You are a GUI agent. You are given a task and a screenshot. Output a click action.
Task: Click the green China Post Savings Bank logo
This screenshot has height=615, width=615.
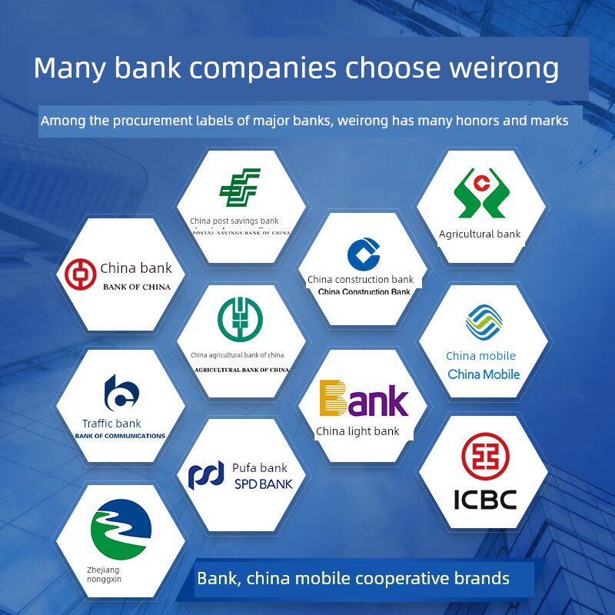(240, 188)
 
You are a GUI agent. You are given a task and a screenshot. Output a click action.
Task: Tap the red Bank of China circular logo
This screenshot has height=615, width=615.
(81, 274)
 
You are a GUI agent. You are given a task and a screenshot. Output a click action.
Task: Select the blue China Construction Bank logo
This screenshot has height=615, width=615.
(364, 254)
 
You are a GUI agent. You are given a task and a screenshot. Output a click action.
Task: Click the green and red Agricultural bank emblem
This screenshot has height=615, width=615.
(480, 193)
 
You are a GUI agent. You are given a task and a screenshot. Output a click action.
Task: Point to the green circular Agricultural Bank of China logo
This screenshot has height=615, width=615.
(240, 318)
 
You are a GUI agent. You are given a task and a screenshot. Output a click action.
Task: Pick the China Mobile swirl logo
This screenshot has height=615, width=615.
(484, 323)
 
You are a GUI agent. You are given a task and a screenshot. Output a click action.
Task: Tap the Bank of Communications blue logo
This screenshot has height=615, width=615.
(121, 393)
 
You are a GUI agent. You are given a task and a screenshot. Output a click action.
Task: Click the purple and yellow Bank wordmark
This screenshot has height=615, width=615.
(364, 399)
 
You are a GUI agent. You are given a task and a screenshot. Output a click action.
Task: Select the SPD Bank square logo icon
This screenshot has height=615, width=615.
(206, 474)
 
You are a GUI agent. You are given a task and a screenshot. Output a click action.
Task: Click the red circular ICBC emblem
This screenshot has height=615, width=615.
(484, 457)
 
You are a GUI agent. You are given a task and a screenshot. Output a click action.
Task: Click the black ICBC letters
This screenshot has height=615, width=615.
(484, 500)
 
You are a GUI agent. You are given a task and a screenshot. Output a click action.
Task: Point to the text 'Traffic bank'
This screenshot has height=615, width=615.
(111, 424)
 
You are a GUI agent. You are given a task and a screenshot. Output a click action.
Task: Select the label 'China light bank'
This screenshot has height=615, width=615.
(357, 431)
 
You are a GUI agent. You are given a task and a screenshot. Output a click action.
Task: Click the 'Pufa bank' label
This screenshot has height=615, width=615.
(259, 467)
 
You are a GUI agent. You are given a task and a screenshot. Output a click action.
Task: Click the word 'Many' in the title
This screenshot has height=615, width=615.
(71, 68)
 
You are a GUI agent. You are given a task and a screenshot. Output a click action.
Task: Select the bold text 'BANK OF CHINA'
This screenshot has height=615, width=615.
(137, 287)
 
